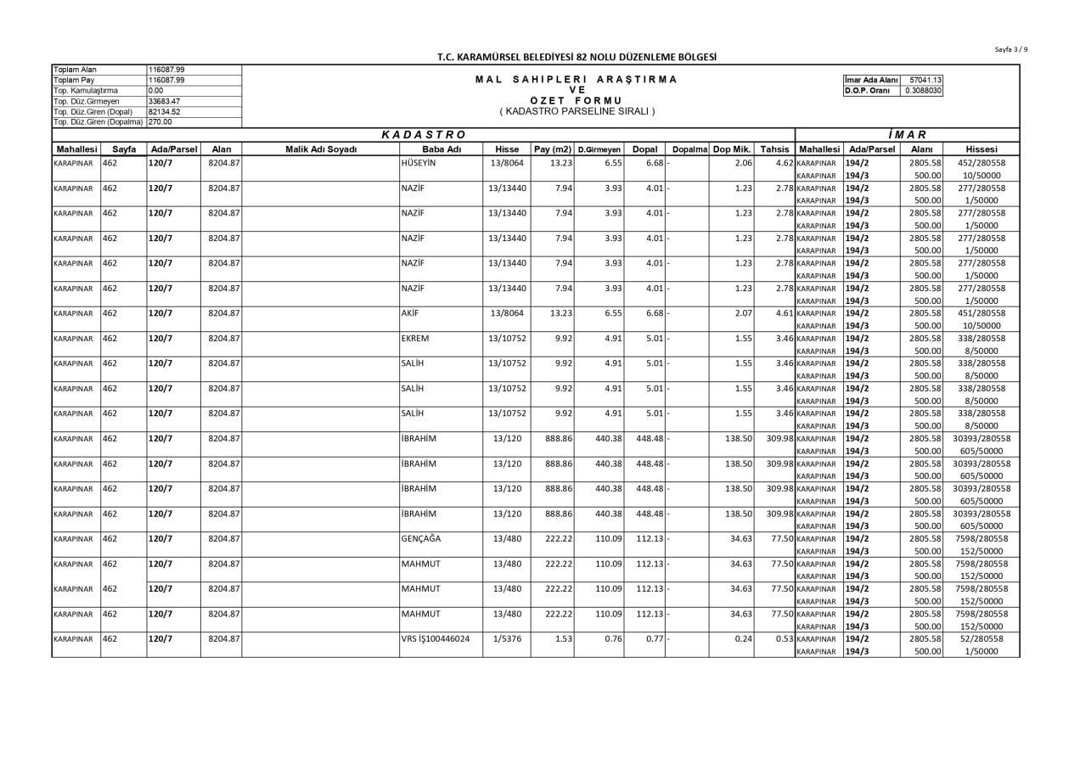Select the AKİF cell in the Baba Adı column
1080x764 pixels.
coord(411,313)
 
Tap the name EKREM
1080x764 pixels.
coord(415,339)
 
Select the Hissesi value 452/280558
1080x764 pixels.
coord(982,162)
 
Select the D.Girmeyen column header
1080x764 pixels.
coord(599,149)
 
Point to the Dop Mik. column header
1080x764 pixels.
coord(730,149)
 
